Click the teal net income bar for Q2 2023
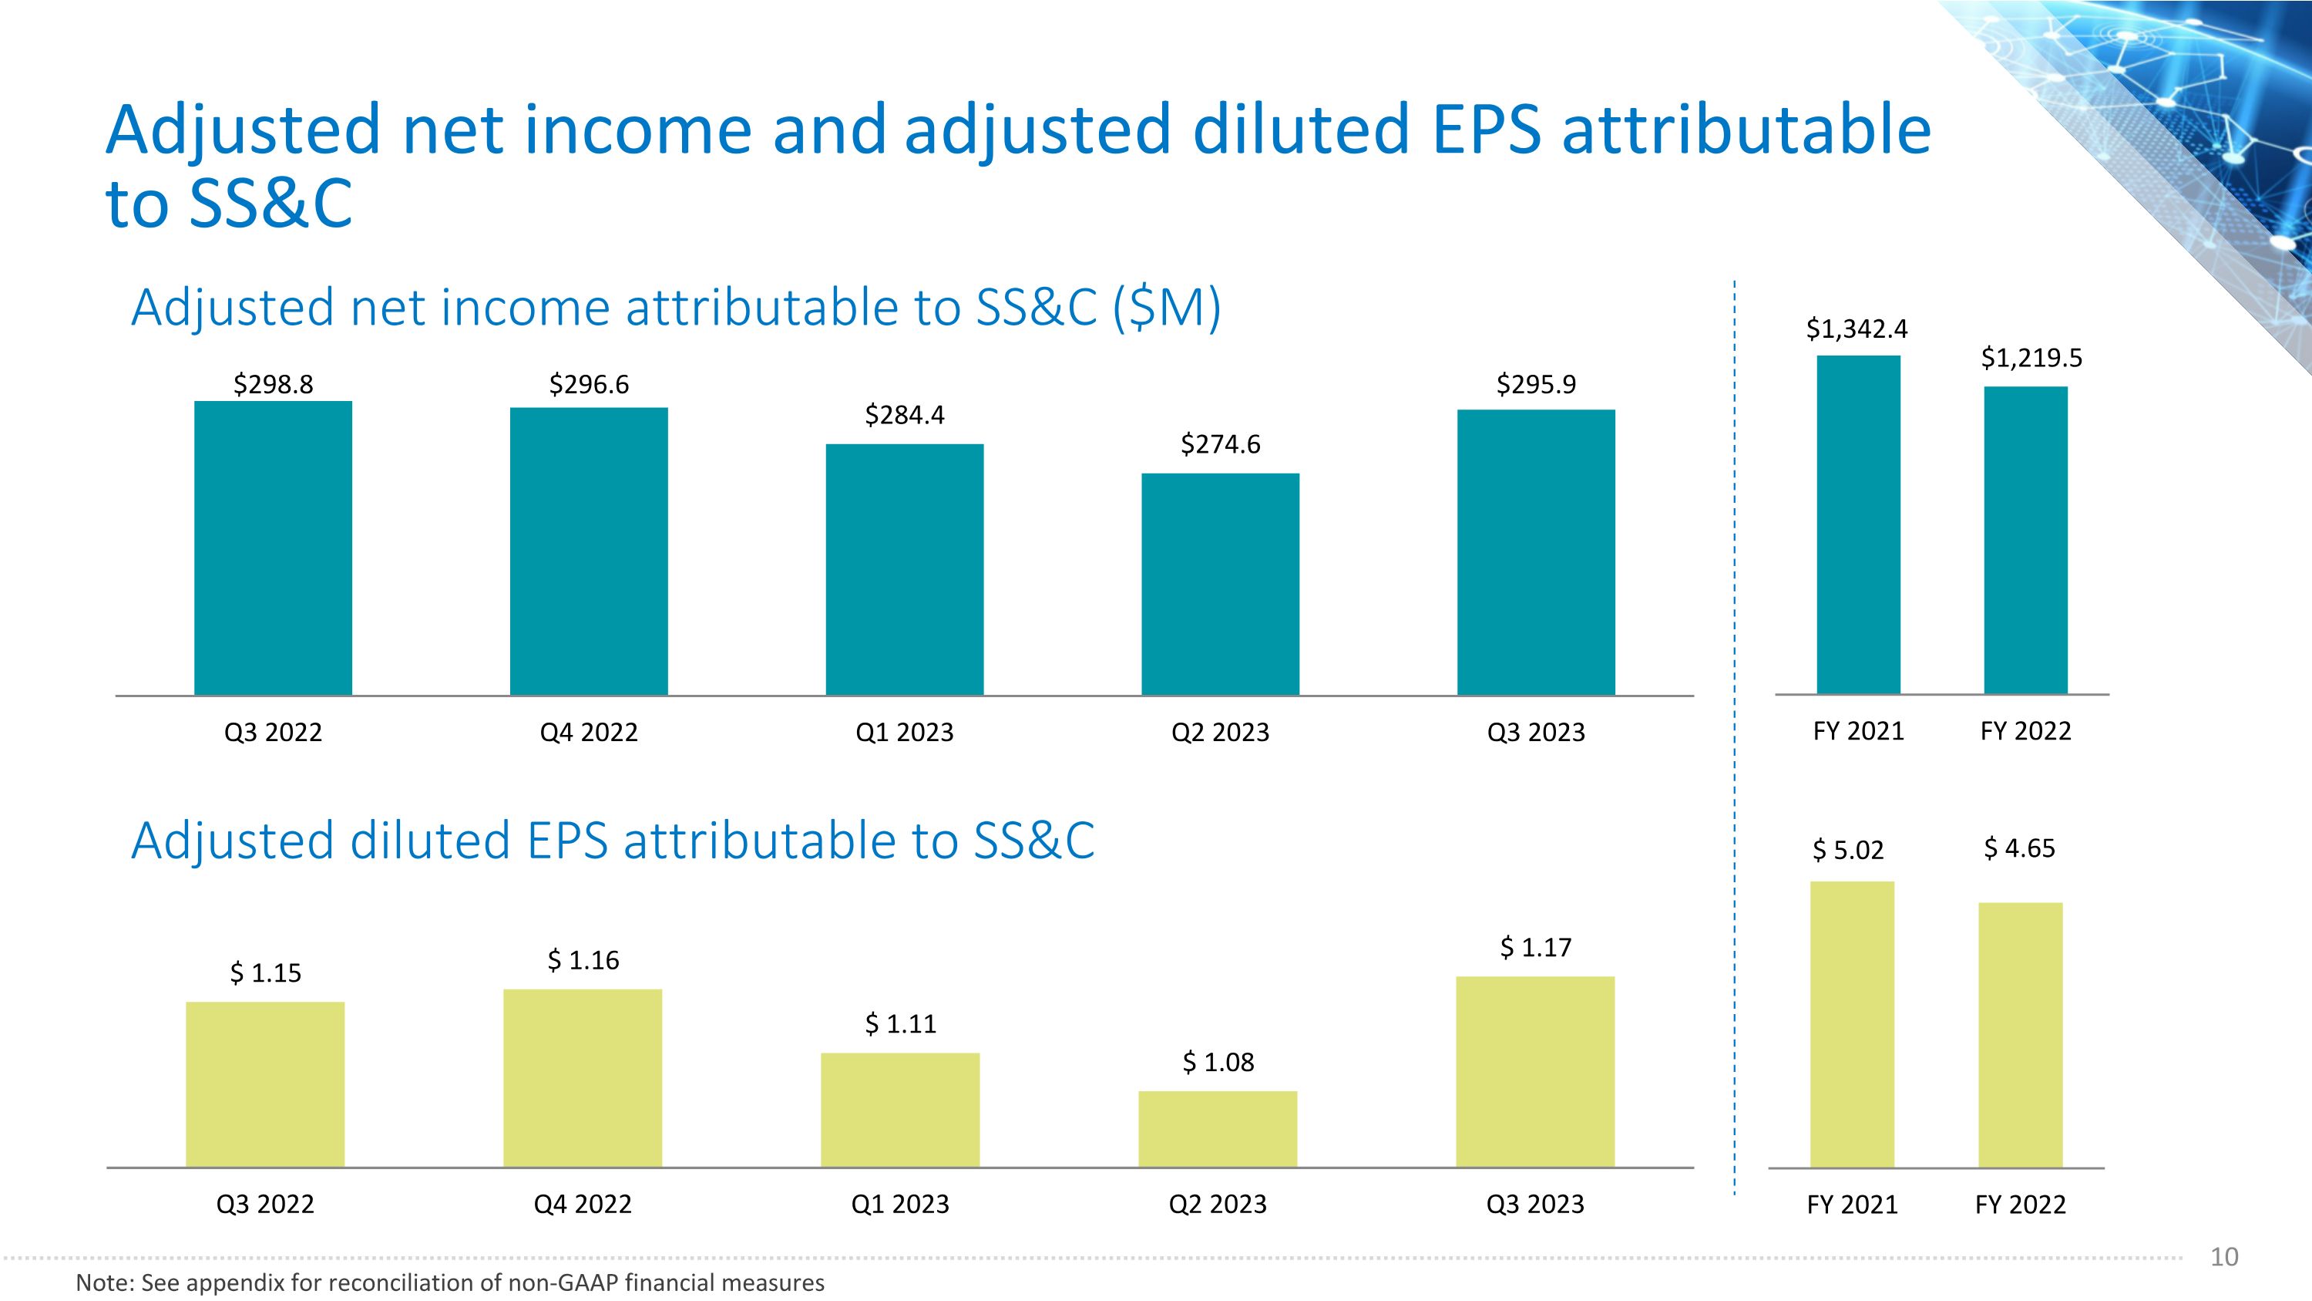coord(1220,584)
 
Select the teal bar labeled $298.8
coord(273,548)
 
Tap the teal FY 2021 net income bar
coord(1859,524)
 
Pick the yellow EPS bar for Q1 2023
coord(900,1110)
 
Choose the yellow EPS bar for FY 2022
coord(2021,1034)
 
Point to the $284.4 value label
coord(905,415)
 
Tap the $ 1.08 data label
coord(1218,1062)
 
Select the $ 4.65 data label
coord(2019,848)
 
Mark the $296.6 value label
coord(589,384)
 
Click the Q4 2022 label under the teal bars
coord(589,733)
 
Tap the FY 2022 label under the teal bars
coord(2025,731)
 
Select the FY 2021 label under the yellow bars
coord(1853,1204)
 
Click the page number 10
coord(2224,1257)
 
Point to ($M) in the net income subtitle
coord(1167,307)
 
